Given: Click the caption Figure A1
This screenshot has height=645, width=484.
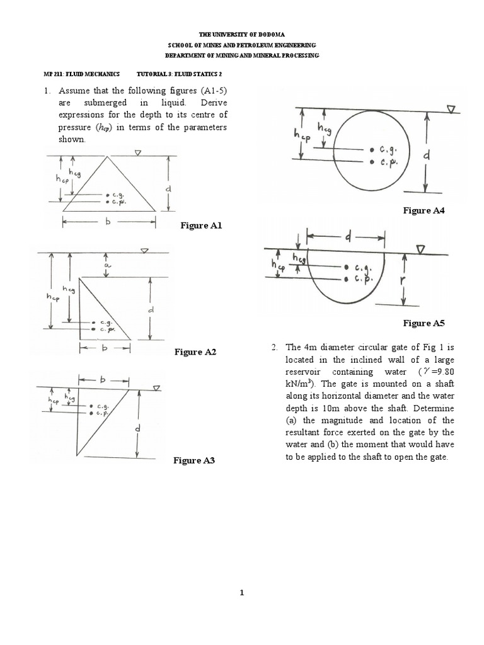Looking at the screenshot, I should [202, 225].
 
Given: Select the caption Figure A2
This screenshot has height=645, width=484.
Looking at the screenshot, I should [195, 352].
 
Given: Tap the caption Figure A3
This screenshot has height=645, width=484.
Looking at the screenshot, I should [194, 461].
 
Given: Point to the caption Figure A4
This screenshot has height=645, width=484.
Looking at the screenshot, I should [424, 211].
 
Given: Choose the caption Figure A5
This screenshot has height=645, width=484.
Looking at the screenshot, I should [424, 323].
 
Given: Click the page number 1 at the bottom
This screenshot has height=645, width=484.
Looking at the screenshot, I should [242, 592].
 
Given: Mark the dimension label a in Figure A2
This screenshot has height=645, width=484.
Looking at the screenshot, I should [107, 267].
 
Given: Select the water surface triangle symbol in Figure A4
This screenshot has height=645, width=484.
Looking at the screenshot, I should [451, 110].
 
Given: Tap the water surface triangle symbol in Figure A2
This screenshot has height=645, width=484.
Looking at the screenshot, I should [144, 251].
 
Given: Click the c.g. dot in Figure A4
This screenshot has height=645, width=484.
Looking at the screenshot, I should [372, 150].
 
